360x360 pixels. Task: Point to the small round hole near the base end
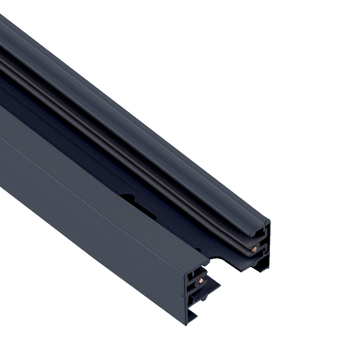(199, 250)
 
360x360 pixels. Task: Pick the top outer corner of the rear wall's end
(269, 221)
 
